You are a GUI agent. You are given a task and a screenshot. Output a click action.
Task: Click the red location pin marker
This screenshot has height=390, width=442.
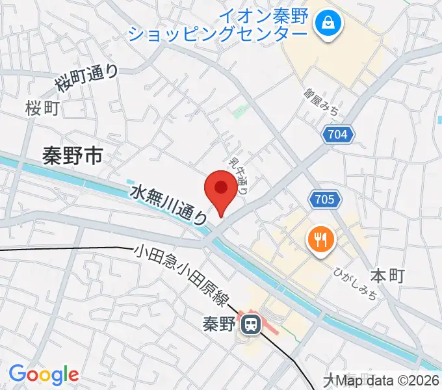221,190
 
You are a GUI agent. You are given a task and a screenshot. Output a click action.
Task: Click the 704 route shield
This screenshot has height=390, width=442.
339,135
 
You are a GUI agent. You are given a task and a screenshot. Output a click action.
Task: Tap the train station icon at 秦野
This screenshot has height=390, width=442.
250,322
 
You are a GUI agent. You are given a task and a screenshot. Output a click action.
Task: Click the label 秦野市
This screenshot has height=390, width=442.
72,155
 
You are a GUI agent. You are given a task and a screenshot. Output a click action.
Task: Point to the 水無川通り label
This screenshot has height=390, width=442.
170,205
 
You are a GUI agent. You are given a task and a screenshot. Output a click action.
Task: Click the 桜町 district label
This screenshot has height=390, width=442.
43,108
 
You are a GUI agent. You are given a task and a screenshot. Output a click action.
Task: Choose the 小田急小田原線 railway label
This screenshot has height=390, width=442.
182,274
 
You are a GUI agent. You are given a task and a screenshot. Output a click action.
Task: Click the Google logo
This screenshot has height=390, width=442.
44,374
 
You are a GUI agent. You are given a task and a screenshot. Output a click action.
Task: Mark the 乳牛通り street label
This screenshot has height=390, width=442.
238,175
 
